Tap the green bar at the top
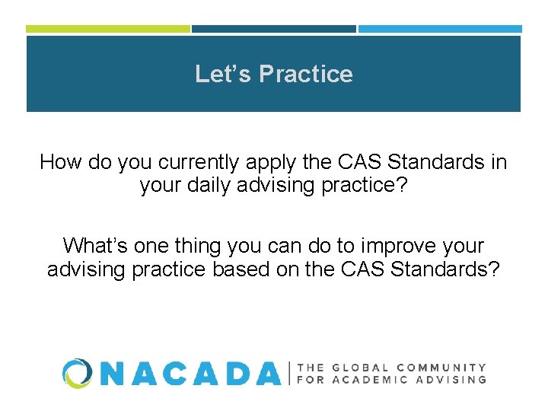107,29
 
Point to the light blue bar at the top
440,29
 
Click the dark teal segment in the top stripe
273,29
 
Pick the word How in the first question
58,162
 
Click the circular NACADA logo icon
78,373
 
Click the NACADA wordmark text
190,373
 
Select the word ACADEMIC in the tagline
370,379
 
